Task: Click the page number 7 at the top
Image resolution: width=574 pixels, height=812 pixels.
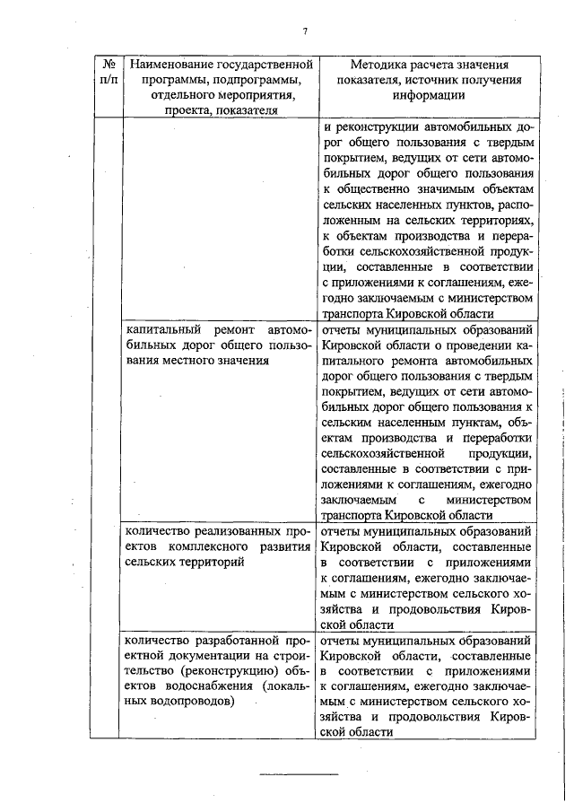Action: coord(305,32)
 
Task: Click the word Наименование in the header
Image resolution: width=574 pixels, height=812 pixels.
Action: coord(170,65)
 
